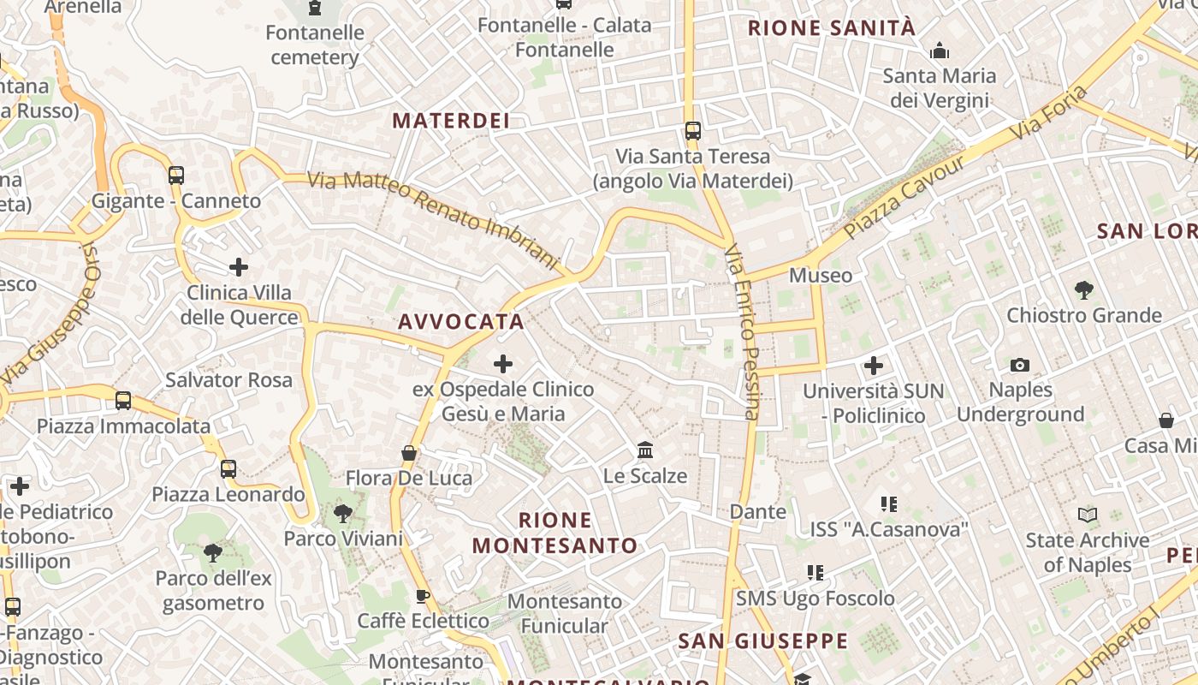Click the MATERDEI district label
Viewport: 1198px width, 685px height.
(x=451, y=121)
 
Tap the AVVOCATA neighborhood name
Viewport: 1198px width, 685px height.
(x=460, y=322)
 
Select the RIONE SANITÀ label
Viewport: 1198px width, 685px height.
(x=832, y=28)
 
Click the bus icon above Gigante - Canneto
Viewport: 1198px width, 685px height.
(x=176, y=176)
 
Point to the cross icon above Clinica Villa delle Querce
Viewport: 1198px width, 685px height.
(x=239, y=267)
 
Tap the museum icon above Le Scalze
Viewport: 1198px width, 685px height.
(x=645, y=450)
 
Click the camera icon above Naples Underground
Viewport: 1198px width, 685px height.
(x=1019, y=366)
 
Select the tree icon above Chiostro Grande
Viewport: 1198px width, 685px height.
(x=1083, y=290)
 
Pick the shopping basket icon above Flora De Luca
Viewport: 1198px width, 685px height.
(x=409, y=453)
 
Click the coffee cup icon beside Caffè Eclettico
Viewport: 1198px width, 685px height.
(x=422, y=596)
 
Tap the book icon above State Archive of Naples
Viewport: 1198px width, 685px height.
(x=1087, y=515)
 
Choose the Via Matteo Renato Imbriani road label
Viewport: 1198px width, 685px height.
(x=432, y=216)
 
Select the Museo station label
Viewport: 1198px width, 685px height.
(x=821, y=276)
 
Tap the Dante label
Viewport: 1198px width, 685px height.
(x=757, y=512)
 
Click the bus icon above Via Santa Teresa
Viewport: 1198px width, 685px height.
(x=692, y=131)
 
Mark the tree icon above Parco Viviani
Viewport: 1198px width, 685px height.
(x=343, y=514)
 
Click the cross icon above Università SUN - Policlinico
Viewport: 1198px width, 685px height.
(x=873, y=366)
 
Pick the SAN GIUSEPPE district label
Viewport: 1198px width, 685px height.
(x=762, y=641)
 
